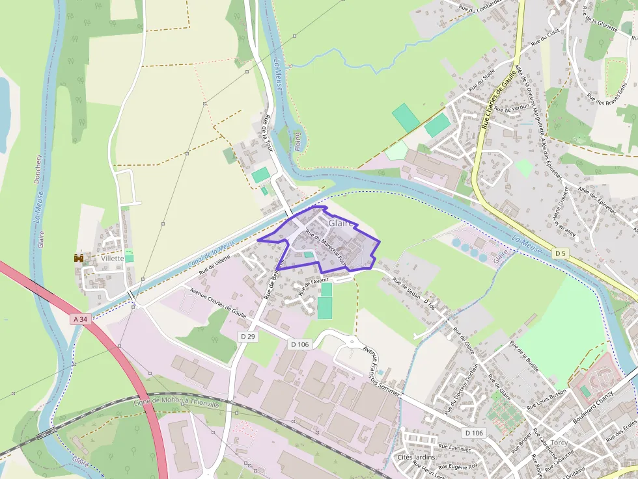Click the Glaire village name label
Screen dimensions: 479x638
(x=341, y=223)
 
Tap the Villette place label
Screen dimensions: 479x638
(x=112, y=258)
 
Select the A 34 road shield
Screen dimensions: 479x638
(x=80, y=319)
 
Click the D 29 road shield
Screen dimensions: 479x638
(x=247, y=336)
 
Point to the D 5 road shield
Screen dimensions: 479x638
(x=561, y=252)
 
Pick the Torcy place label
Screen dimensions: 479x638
(x=559, y=443)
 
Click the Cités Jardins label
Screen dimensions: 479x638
(x=415, y=457)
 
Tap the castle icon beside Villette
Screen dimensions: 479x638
(x=79, y=258)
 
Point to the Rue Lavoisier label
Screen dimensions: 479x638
(x=454, y=447)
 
